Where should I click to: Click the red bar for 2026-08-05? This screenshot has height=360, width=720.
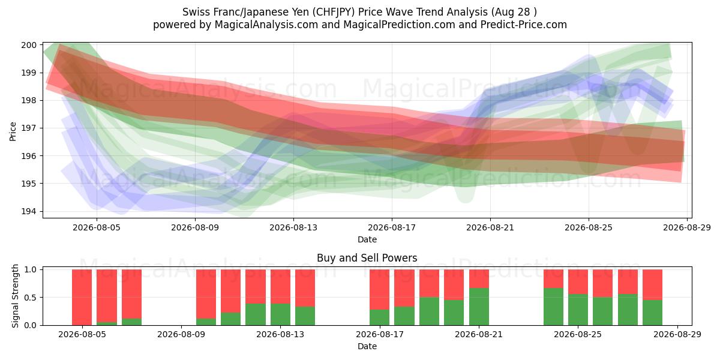click(82, 298)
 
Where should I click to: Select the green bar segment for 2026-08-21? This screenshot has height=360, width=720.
click(479, 307)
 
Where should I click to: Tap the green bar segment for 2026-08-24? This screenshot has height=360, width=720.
click(553, 307)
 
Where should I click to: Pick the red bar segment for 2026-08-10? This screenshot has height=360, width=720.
click(206, 294)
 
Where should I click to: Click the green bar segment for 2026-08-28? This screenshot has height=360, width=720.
click(653, 313)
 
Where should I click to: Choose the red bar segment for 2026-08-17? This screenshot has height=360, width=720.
click(380, 290)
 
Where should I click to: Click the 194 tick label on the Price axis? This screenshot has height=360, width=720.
click(29, 211)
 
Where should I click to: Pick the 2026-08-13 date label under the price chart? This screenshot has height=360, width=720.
click(293, 227)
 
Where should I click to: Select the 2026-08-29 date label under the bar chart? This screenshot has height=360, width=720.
click(677, 334)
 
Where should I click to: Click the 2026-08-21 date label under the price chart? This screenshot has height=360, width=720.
click(490, 227)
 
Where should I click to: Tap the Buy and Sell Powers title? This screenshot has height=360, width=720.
click(367, 258)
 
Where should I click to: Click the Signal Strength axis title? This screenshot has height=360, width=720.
click(15, 296)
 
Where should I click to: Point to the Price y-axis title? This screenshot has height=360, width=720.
click(13, 131)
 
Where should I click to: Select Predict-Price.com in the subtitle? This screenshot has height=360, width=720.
click(524, 25)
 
